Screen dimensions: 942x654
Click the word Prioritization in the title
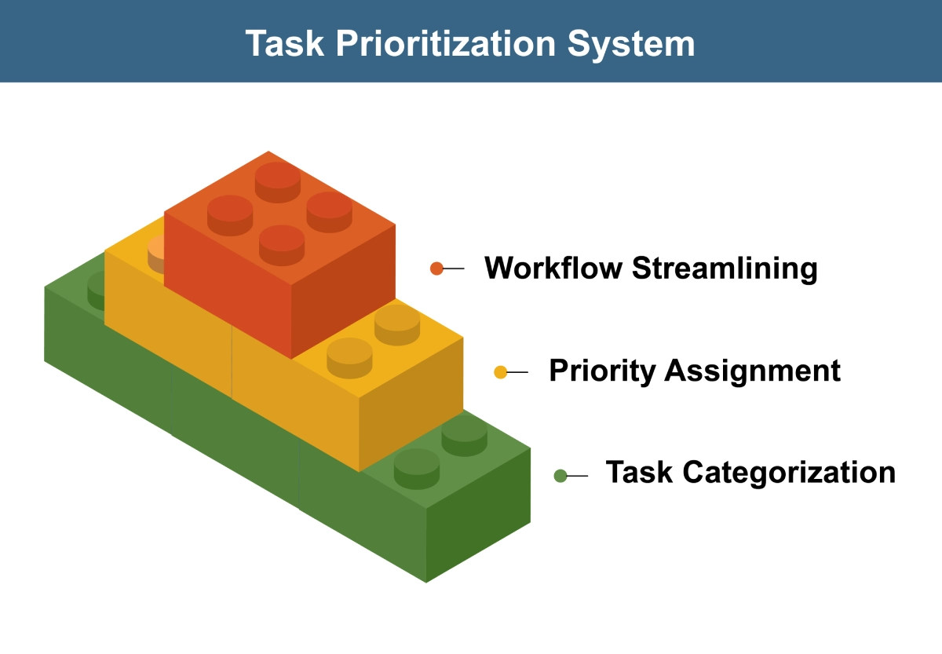tap(446, 43)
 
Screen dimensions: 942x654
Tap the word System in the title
tap(631, 44)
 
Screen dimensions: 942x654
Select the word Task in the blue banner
tap(285, 43)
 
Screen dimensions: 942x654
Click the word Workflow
tap(553, 268)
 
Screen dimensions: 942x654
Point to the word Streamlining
tap(725, 269)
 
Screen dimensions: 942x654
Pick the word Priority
tap(602, 371)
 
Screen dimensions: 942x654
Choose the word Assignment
tap(752, 371)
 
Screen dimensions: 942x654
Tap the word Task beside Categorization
tap(639, 473)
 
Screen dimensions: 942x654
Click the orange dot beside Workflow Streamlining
tap(436, 269)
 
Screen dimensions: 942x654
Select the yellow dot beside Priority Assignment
tap(501, 372)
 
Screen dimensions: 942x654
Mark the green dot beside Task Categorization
tap(560, 476)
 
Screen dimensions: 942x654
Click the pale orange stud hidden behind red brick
tap(156, 254)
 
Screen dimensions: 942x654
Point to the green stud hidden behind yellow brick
tap(97, 290)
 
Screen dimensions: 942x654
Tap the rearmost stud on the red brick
tap(278, 182)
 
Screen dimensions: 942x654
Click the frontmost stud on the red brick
tap(282, 245)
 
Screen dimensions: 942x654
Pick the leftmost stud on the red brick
tap(230, 215)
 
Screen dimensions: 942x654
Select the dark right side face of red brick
tap(343, 291)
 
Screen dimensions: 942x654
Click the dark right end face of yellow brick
tap(411, 404)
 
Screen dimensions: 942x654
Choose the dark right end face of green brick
tap(478, 515)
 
